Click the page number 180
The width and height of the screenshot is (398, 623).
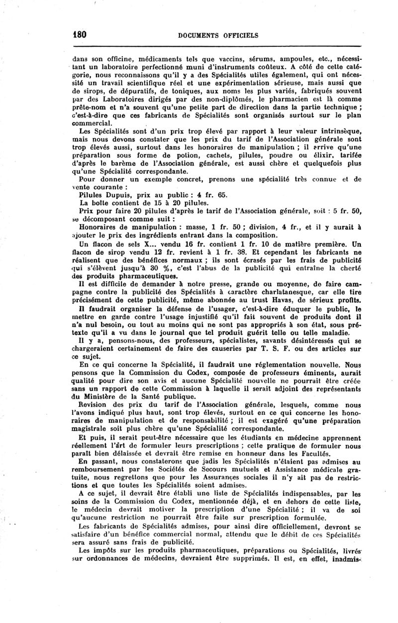pyautogui.click(x=80, y=35)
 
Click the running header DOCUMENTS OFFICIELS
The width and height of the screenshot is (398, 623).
pyautogui.click(x=217, y=35)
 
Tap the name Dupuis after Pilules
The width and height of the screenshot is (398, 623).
pyautogui.click(x=115, y=195)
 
